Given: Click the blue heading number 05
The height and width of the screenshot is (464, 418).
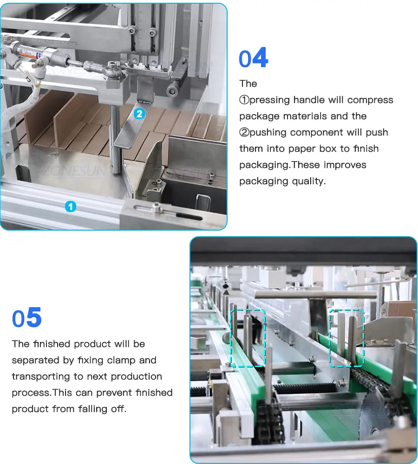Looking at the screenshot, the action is click(26, 317).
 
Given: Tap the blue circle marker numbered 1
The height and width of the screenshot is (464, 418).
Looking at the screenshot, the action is click(71, 206).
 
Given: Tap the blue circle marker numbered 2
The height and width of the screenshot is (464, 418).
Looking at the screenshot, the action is click(139, 114).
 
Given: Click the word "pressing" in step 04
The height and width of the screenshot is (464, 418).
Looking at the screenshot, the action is click(269, 100).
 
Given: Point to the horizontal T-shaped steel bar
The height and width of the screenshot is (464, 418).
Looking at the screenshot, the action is click(315, 295).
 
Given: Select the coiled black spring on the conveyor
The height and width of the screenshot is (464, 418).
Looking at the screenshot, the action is click(305, 387).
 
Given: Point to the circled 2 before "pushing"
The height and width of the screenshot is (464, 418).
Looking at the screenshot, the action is click(244, 133).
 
